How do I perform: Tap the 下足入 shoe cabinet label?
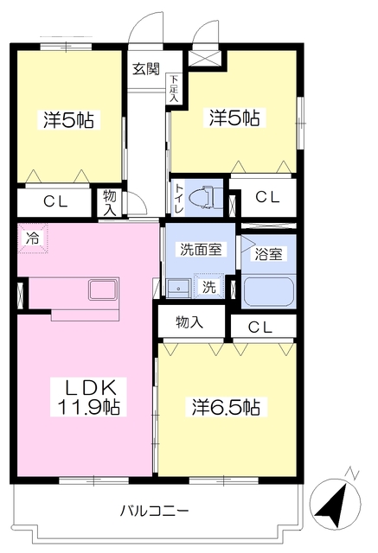(174, 89)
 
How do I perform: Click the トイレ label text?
(179, 198)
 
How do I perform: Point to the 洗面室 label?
(201, 250)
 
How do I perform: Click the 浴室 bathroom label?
(267, 254)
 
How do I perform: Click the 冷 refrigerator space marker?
(32, 236)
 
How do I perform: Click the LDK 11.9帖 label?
(87, 395)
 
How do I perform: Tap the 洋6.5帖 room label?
(226, 406)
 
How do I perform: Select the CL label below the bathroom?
(262, 326)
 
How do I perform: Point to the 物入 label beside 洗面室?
(189, 322)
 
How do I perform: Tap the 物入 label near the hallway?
(110, 203)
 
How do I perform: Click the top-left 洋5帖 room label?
(68, 120)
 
